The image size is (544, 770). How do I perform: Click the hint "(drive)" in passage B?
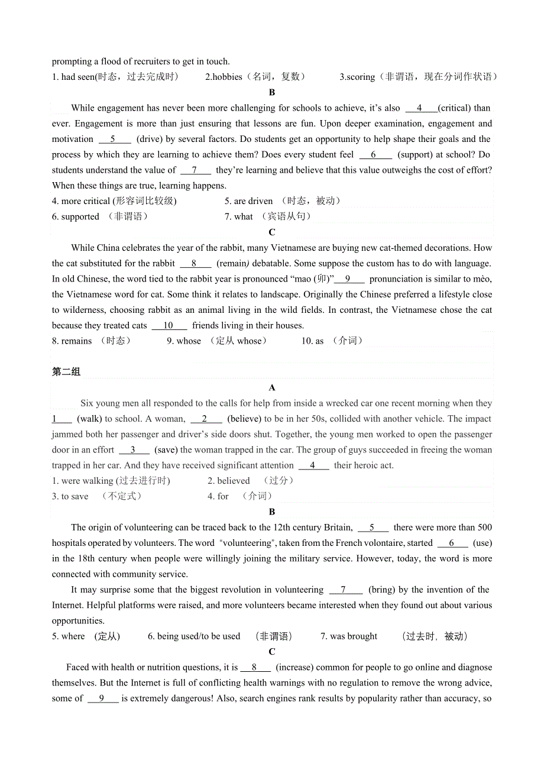tap(150, 139)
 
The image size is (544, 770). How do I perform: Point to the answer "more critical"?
tap(86, 201)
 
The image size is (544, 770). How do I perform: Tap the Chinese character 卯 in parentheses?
tap(322, 279)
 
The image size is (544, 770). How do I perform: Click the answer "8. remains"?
tap(72, 341)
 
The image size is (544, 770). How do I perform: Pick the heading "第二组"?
tap(66, 371)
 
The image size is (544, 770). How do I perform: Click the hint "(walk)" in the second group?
tap(89, 419)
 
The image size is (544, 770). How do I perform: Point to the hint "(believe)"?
tap(245, 419)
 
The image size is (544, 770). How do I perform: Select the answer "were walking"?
tap(88, 481)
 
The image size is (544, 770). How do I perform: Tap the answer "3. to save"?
tap(70, 496)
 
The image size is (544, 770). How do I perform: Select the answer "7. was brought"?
tap(349, 636)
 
